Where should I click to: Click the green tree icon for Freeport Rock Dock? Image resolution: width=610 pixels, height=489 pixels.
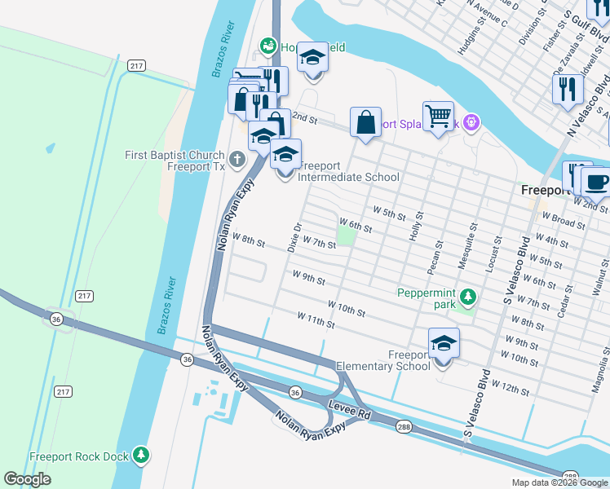tap(141, 455)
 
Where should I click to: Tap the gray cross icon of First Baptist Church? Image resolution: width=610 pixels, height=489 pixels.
tap(236, 159)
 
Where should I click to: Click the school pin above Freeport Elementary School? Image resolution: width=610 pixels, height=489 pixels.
tap(443, 345)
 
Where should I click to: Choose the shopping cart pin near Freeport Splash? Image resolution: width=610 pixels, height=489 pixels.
tap(438, 117)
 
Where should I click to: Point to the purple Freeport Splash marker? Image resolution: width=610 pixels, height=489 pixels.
tap(471, 124)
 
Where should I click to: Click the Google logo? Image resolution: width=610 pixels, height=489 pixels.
tap(28, 478)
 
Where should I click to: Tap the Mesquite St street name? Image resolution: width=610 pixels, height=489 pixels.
tap(473, 240)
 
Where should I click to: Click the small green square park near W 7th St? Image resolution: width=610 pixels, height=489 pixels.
tap(347, 236)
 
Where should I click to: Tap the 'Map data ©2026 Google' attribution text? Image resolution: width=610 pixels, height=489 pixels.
tap(559, 482)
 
